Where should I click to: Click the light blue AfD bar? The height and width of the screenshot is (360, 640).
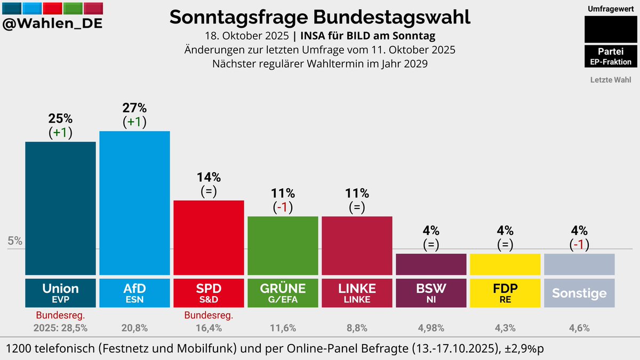pos(134,203)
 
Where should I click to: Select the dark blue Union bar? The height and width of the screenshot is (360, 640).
pos(60,208)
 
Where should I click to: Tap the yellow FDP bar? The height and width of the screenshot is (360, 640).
pos(505,264)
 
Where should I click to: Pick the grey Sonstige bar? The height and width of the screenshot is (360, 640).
pos(579,264)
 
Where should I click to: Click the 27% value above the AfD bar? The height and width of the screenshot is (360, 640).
pos(134,108)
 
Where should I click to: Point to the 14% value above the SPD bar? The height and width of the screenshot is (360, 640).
pos(209,177)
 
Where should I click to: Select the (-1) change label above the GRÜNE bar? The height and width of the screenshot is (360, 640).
pos(283,206)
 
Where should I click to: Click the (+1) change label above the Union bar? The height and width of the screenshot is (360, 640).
pos(60,133)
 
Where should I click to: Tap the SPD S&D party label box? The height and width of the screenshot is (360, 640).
pos(209,293)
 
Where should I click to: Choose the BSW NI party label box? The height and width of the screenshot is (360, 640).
pos(431,293)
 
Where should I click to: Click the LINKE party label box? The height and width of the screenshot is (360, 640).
pos(357,293)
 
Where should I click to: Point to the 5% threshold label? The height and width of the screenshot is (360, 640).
pos(15,241)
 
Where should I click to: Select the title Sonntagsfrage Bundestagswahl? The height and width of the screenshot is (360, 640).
pos(320,17)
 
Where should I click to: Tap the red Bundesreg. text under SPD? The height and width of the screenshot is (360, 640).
pos(209,315)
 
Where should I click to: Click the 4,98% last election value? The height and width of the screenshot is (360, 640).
pos(431,328)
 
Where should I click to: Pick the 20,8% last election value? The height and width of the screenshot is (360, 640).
pos(134,328)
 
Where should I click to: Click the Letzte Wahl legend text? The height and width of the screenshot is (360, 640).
pos(611,80)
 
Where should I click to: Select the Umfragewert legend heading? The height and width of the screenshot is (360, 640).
pos(611,9)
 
